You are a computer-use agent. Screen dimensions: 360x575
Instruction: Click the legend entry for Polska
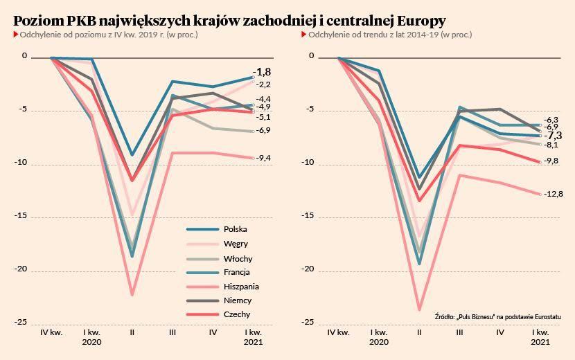pos(236,229)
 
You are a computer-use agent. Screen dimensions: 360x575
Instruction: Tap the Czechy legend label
pos(237,315)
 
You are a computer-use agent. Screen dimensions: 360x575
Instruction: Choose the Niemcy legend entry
pos(238,300)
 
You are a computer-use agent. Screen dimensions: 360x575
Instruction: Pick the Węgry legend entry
pos(236,244)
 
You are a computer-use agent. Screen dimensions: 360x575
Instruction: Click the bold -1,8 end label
pos(262,72)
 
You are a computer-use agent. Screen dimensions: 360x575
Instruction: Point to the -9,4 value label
pos(263,159)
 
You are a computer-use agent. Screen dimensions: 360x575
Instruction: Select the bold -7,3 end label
pos(553,136)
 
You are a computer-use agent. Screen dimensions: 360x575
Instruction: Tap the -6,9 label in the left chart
pos(263,131)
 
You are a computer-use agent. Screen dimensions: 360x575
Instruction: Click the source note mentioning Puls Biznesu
pos(498,316)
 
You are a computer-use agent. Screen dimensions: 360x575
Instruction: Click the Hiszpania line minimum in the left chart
pos(132,295)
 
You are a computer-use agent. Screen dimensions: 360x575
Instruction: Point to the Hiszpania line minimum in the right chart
pos(419,309)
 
